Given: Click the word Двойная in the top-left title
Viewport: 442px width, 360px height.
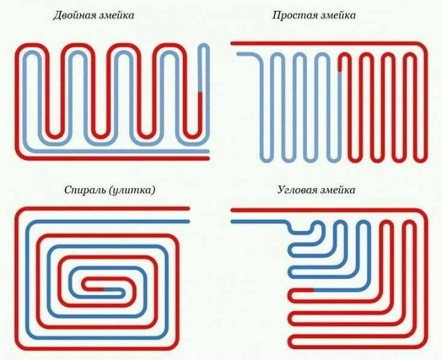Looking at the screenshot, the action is [72, 15].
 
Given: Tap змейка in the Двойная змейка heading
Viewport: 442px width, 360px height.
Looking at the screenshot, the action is [114, 15].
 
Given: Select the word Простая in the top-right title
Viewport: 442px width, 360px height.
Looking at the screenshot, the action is [292, 15].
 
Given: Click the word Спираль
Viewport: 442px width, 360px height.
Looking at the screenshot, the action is [85, 190].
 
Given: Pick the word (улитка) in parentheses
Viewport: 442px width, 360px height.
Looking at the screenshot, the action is [132, 190].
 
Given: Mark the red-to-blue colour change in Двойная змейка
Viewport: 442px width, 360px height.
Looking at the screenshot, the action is [200, 92].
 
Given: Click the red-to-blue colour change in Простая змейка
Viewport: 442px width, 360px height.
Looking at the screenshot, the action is [340, 72].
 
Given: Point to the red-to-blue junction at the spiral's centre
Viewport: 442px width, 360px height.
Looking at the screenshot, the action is [103, 289].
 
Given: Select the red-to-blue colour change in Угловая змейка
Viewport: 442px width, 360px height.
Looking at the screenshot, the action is [313, 290].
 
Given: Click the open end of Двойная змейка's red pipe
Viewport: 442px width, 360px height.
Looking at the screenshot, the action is [208, 158].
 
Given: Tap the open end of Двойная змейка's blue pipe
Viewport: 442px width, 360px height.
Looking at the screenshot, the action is [208, 152].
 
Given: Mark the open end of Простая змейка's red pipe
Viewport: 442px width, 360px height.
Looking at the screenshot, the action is [232, 43].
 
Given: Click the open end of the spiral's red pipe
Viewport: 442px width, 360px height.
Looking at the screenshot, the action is [188, 208].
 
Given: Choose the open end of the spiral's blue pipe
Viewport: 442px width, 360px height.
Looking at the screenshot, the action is [188, 222].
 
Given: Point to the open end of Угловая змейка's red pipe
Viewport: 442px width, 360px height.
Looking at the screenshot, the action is [232, 210].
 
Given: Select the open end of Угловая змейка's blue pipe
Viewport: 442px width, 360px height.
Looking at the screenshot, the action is [232, 222].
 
